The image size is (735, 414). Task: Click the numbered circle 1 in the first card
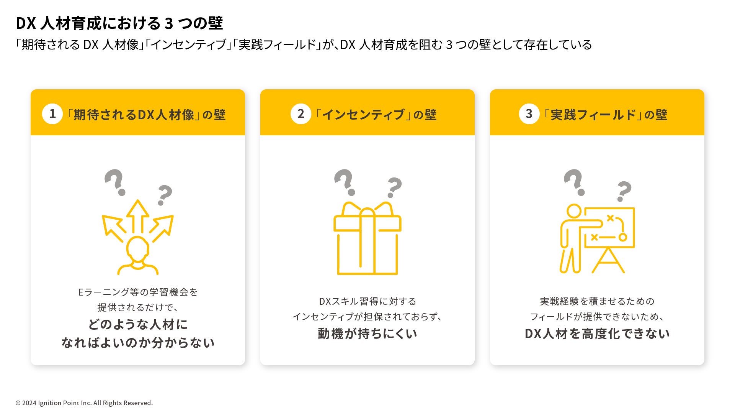click(x=52, y=114)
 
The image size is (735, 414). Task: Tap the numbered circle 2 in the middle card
click(x=301, y=114)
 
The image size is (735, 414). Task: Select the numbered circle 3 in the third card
click(x=529, y=114)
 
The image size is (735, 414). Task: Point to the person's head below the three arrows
click(x=137, y=248)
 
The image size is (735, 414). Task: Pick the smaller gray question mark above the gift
click(x=394, y=187)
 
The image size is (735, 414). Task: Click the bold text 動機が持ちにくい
click(x=367, y=333)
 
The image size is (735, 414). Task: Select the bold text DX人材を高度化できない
click(x=597, y=333)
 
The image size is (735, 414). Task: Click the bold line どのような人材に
click(x=137, y=324)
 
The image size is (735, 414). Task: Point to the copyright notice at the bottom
click(x=84, y=403)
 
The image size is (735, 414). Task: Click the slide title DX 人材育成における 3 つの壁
click(x=119, y=23)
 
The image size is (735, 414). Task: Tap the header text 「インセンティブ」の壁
click(x=375, y=114)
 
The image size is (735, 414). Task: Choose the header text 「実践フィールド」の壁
click(x=605, y=114)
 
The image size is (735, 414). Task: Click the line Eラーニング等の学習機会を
click(x=137, y=292)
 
